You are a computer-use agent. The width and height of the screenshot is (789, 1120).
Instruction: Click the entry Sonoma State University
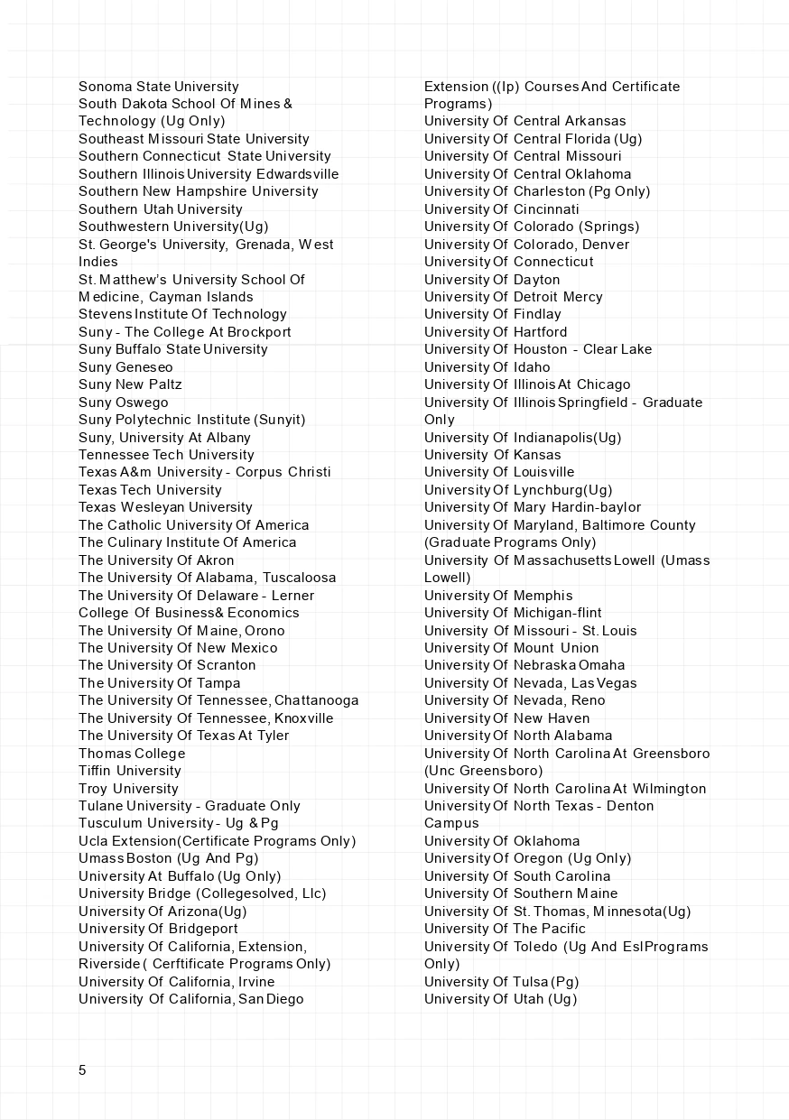click(159, 87)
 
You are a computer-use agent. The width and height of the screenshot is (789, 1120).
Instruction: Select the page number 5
click(82, 1070)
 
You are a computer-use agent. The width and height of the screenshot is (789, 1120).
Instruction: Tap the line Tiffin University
click(130, 771)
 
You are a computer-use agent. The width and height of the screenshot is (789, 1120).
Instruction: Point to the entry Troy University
click(128, 789)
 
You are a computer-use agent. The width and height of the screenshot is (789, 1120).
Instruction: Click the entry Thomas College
click(132, 754)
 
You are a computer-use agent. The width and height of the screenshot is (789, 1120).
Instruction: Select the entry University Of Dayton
click(492, 280)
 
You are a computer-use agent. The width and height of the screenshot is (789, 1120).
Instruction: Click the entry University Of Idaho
click(487, 367)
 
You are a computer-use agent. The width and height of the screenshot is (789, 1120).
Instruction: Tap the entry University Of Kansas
click(493, 455)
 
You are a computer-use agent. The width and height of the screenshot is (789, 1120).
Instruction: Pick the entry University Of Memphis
click(498, 596)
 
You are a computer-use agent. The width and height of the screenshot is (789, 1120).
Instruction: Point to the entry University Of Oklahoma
click(502, 841)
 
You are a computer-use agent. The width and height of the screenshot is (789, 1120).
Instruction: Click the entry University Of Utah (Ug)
click(500, 999)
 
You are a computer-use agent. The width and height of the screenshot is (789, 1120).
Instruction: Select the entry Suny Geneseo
click(125, 367)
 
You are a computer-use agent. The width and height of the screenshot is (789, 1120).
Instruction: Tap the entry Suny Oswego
click(124, 403)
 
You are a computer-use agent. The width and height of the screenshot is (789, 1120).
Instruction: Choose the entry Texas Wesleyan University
click(165, 507)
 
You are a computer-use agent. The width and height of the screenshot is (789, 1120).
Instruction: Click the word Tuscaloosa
click(300, 578)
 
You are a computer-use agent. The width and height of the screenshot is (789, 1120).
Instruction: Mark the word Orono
click(265, 631)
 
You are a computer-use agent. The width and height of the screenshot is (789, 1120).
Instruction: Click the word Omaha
click(602, 665)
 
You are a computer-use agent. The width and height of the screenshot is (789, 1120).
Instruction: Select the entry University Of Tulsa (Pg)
click(502, 982)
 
